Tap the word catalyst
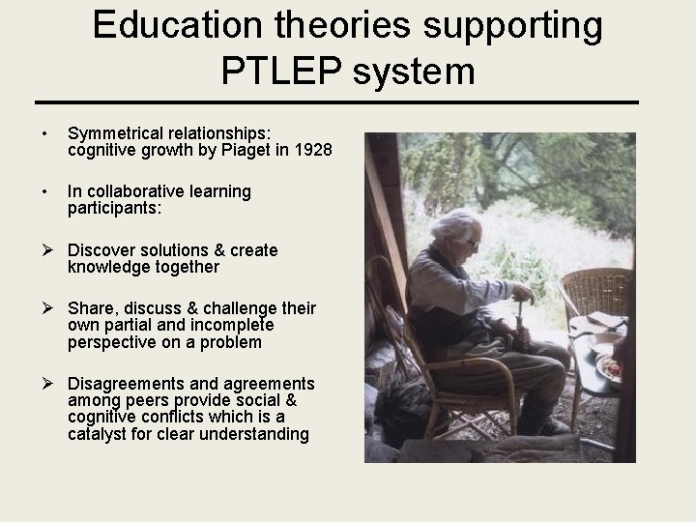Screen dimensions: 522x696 [100, 434]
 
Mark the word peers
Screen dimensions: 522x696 [145, 401]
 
